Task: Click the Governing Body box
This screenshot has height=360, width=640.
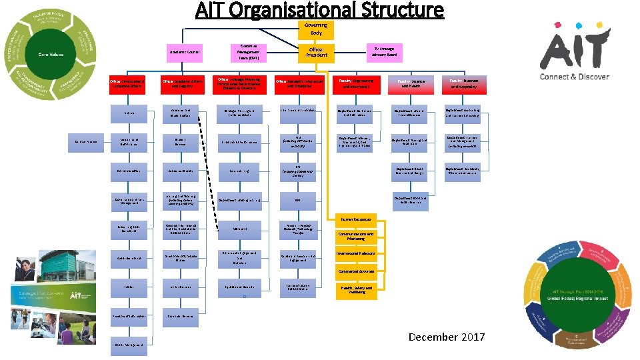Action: [x=316, y=29]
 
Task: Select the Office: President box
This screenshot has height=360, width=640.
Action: [x=317, y=51]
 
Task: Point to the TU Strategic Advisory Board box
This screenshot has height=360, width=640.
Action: [x=383, y=51]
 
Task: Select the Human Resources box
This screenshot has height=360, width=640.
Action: [x=359, y=218]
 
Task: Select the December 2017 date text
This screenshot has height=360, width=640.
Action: [x=447, y=337]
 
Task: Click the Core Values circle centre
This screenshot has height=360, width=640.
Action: [x=51, y=54]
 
